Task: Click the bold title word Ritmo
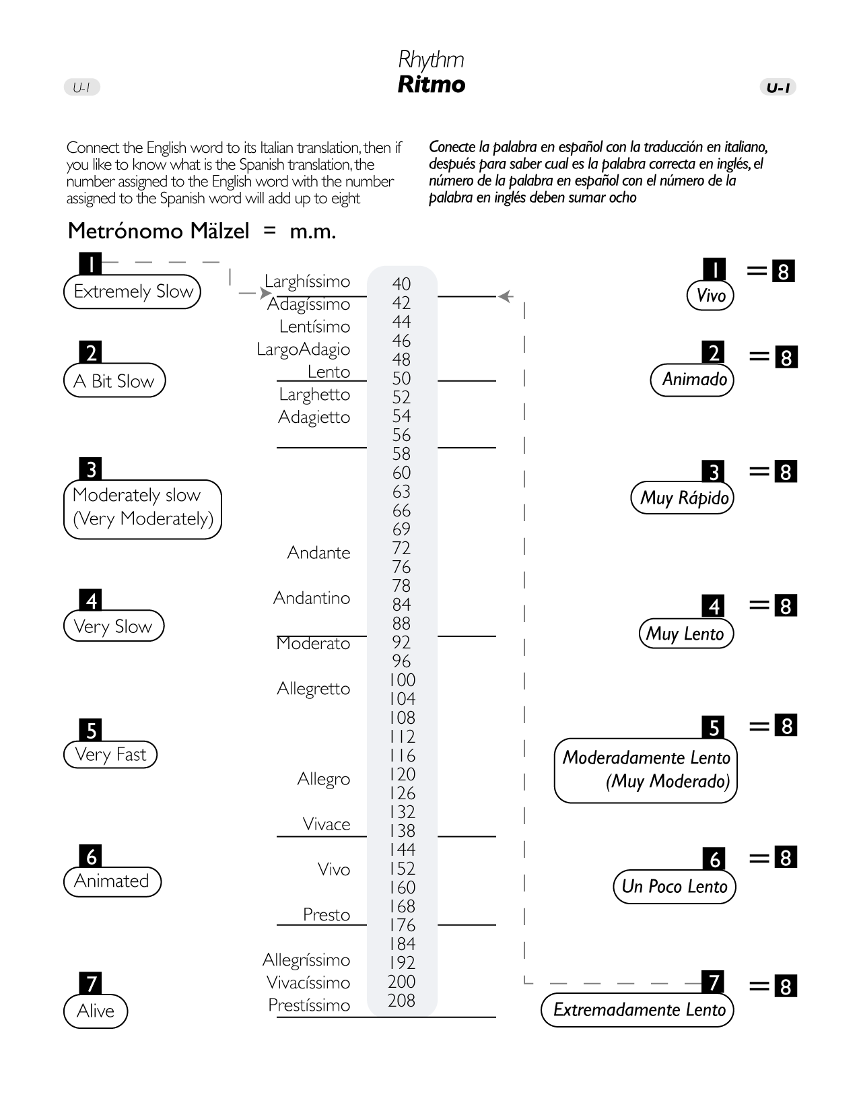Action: point(431,85)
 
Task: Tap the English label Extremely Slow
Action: point(133,292)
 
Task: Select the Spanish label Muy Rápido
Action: point(683,498)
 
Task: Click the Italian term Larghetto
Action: point(314,395)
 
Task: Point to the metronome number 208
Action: point(401,1001)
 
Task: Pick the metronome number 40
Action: point(401,284)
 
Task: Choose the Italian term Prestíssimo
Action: point(309,1005)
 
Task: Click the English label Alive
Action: point(96,1011)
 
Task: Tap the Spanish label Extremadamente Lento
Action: point(638,1010)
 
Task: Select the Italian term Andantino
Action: point(312,598)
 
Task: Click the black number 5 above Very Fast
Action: point(92,731)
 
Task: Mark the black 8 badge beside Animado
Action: point(786,358)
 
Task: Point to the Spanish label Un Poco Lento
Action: point(674,887)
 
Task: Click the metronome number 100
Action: point(402,680)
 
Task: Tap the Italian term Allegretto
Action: point(314,689)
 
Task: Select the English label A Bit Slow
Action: point(114,381)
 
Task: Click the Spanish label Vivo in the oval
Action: point(710,296)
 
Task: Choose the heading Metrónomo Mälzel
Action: point(159,231)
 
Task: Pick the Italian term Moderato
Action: point(313,644)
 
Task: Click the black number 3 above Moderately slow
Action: point(91,469)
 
